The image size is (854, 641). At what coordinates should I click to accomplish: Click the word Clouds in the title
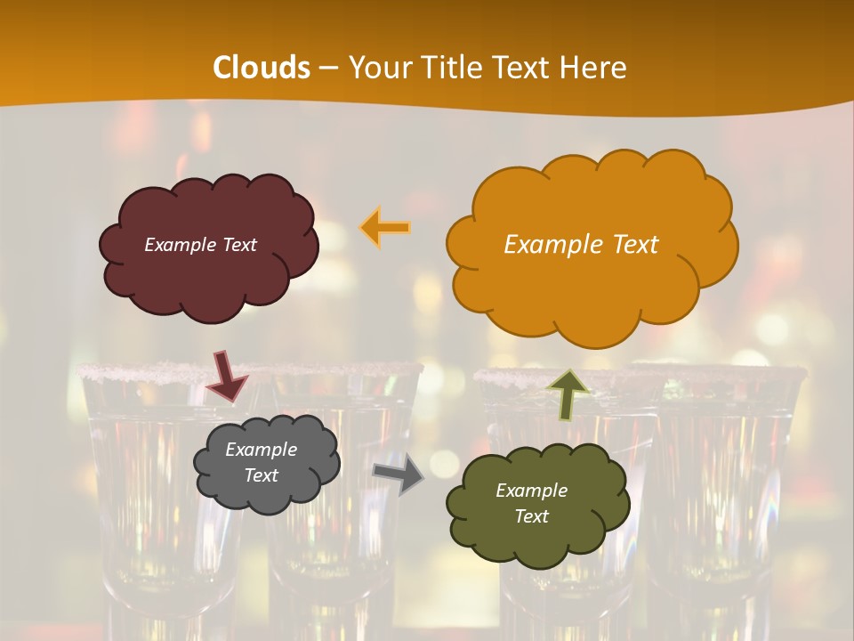(262, 68)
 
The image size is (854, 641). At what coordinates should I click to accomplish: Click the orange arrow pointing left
(385, 228)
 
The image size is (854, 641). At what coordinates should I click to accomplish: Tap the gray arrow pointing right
(399, 475)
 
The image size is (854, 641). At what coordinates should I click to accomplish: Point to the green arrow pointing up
(569, 394)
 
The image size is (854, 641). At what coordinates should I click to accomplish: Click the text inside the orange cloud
(581, 245)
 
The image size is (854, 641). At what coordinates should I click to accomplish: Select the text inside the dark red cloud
(200, 245)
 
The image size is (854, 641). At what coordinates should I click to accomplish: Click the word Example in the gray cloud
(262, 450)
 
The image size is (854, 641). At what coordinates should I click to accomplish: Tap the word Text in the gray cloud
(262, 475)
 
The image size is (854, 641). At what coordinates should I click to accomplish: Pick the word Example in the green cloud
(531, 491)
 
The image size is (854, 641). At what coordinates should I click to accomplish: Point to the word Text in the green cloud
(531, 516)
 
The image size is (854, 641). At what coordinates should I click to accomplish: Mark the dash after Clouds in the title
(327, 68)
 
